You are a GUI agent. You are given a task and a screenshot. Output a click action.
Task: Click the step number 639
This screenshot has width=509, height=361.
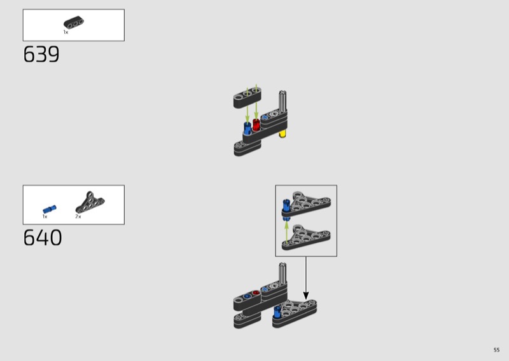(41, 54)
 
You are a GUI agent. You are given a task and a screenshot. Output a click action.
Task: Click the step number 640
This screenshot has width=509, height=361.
(43, 238)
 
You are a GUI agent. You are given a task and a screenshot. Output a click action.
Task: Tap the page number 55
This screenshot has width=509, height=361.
(496, 350)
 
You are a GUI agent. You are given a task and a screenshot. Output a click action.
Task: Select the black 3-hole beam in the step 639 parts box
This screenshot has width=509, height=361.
(73, 23)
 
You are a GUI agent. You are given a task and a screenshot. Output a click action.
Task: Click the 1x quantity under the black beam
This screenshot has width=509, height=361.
(66, 32)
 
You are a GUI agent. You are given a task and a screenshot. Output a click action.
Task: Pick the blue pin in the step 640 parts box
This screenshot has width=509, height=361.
(50, 209)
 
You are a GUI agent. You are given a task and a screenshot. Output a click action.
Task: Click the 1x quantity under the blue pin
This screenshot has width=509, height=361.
(45, 216)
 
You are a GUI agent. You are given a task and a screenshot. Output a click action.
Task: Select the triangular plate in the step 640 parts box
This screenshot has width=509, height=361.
(90, 202)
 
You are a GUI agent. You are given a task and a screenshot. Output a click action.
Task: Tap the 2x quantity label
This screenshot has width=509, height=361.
(78, 216)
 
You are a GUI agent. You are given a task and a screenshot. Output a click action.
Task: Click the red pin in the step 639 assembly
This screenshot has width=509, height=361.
(256, 125)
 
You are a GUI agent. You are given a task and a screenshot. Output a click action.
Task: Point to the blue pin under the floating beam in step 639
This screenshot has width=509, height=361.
(248, 128)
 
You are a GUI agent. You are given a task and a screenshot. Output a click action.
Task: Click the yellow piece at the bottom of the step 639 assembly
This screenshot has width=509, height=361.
(282, 133)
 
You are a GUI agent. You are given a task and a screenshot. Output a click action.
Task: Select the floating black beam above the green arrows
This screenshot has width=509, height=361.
(248, 97)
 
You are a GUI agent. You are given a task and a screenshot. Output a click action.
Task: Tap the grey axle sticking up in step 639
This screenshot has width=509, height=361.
(282, 101)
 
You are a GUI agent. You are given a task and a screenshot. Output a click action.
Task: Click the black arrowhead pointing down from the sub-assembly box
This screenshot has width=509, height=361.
(306, 295)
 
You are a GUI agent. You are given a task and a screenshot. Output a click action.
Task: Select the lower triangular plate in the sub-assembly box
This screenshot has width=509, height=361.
(307, 237)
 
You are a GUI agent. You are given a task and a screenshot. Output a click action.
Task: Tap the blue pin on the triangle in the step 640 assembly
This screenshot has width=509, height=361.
(277, 311)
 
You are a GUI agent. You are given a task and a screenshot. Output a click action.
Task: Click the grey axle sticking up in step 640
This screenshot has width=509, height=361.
(282, 273)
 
